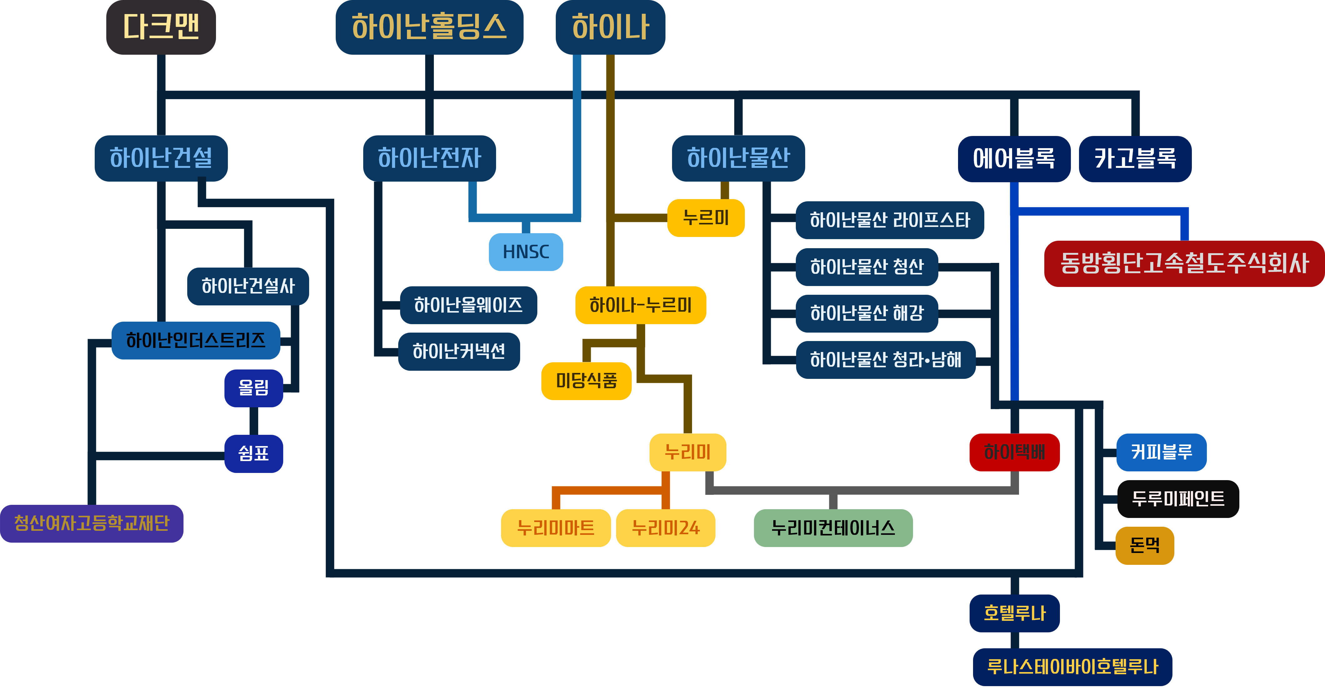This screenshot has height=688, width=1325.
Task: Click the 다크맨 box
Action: click(x=161, y=27)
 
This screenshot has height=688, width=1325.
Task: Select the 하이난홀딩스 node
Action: click(x=429, y=27)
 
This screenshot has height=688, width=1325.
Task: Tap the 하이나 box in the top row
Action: click(x=610, y=27)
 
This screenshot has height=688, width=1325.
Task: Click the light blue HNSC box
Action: click(x=526, y=252)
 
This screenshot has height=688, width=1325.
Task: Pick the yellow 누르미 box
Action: click(x=706, y=218)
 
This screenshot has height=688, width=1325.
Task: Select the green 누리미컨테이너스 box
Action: click(x=833, y=528)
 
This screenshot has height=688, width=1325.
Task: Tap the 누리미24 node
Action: click(x=665, y=528)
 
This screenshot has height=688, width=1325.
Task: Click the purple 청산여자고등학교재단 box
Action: click(x=92, y=524)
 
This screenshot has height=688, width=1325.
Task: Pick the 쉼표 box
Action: click(x=253, y=454)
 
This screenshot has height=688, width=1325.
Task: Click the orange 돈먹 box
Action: click(x=1144, y=545)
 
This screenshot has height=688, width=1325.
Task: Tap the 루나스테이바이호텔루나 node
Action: click(x=1072, y=667)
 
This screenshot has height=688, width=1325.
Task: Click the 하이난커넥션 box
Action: click(x=459, y=352)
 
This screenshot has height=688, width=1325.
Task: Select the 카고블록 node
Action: click(x=1135, y=159)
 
